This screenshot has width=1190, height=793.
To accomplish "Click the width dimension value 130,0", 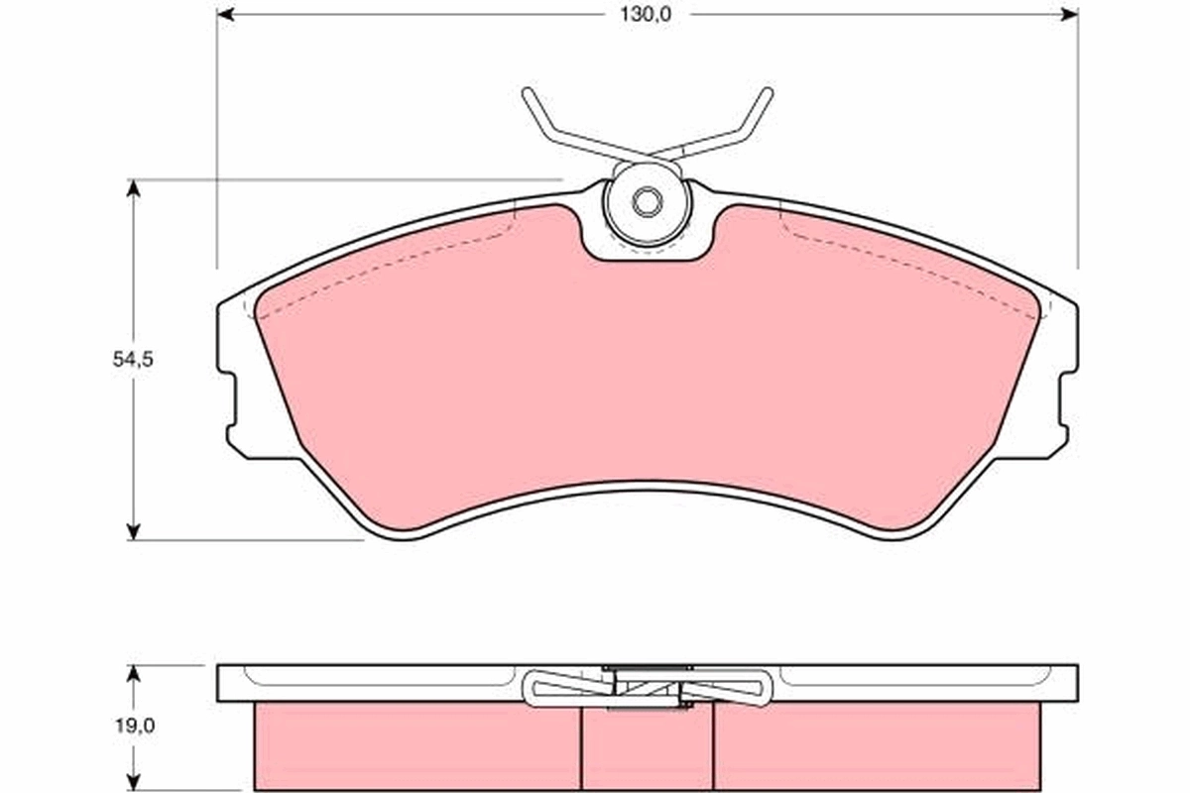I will pos(646,15).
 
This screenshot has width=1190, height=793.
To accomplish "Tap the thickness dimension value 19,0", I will pos(133,726).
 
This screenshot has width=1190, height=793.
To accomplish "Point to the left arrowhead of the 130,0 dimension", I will pos(225,14).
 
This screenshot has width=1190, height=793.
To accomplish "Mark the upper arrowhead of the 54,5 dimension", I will pos(132,188).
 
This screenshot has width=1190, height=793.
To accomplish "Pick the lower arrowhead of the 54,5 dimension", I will pos(132,531).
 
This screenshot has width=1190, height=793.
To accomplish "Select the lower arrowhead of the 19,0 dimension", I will pos(133,783).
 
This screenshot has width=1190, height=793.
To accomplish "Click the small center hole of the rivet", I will pos(647,202).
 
